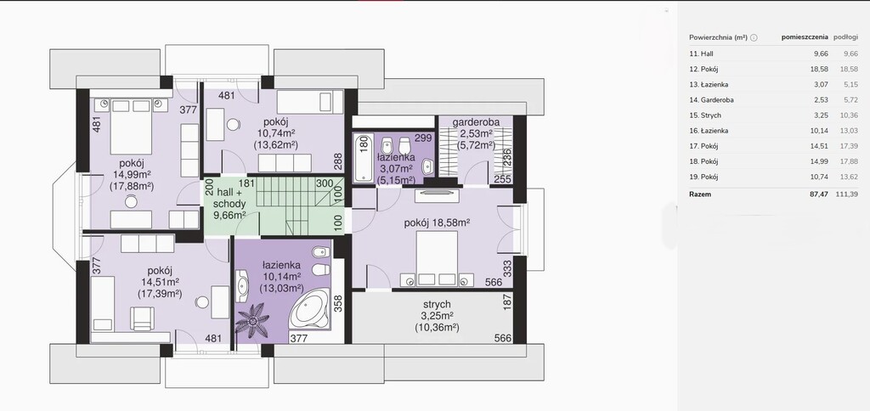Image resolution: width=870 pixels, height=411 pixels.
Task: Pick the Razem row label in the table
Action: point(700,194)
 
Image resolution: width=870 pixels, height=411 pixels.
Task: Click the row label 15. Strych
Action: point(706,115)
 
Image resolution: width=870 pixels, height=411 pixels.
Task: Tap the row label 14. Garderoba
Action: point(711,99)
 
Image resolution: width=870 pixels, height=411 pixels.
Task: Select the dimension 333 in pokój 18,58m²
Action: point(506,270)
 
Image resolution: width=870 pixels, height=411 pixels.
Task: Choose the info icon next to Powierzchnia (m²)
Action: point(754,37)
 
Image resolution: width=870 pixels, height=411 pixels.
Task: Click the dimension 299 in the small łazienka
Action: point(422,138)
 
